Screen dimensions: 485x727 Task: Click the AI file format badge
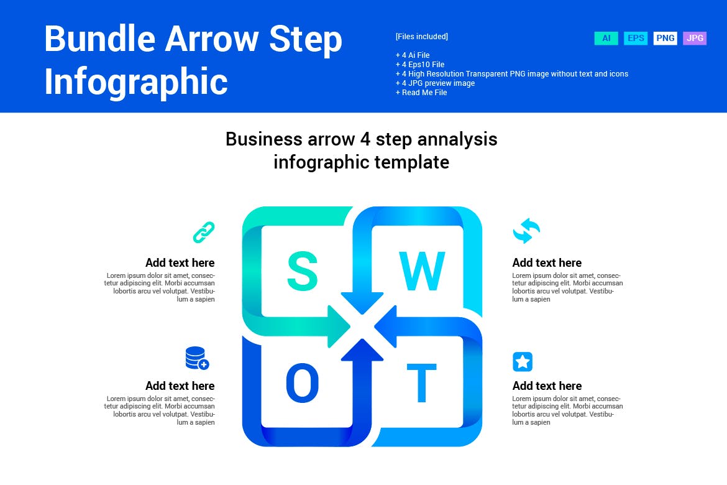[606, 39]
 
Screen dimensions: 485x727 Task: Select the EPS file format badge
[636, 39]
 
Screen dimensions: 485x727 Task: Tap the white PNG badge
[665, 39]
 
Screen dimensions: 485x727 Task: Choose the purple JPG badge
[695, 39]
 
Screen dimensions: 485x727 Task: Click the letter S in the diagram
[303, 271]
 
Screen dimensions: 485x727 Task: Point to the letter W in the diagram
[423, 271]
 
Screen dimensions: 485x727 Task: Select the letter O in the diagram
[303, 383]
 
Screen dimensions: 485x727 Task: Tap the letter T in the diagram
[422, 383]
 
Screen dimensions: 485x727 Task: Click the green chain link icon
[204, 232]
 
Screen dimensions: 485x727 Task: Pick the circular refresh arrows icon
[526, 231]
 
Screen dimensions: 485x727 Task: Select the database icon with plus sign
[197, 359]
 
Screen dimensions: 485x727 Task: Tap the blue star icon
[523, 362]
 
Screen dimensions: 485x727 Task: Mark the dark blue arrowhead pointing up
[362, 350]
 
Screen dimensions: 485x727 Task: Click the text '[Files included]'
[421, 37]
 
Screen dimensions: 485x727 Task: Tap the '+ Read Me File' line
[421, 93]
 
